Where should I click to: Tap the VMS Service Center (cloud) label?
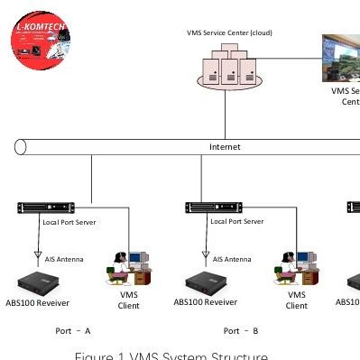point(229,33)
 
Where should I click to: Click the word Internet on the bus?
point(225,147)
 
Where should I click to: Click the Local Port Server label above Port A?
point(69,222)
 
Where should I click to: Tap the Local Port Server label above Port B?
point(236,221)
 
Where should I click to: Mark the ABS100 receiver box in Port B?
point(206,282)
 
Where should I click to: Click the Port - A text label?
point(73,331)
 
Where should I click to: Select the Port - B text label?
point(241,331)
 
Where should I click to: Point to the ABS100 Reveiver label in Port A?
point(37,303)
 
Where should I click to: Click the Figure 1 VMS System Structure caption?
point(171,355)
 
